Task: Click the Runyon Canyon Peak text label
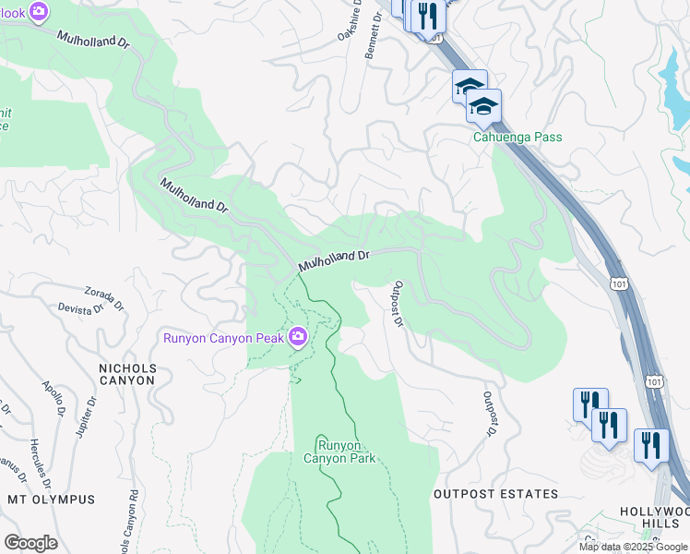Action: point(224,337)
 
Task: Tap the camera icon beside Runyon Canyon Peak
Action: point(297,337)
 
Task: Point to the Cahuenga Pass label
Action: point(517,138)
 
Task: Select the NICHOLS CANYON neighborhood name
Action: point(128,374)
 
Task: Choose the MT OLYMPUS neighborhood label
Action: point(51,500)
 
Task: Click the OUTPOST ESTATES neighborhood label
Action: point(495,494)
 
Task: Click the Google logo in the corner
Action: point(30,542)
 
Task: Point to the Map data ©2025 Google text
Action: point(633,547)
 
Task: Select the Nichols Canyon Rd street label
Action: point(128,522)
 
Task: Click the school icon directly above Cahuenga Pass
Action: point(483,107)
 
